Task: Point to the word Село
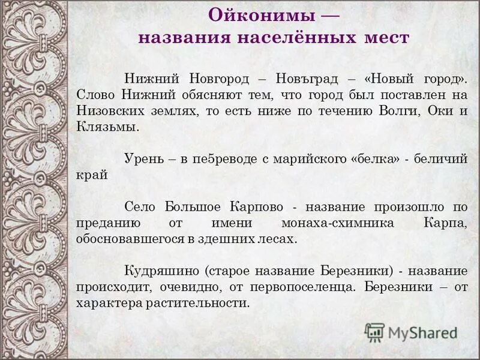[x=140, y=207]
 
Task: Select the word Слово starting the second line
[x=97, y=95]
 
